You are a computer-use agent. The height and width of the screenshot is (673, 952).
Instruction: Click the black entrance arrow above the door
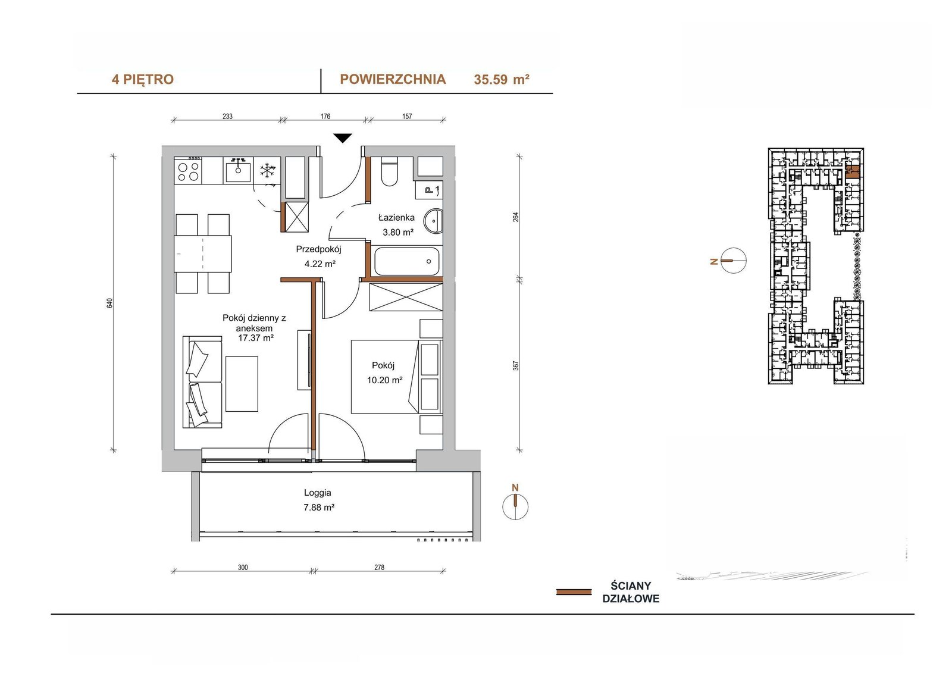click(x=342, y=137)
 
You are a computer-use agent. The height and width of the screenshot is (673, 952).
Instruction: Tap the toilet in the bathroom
click(x=389, y=171)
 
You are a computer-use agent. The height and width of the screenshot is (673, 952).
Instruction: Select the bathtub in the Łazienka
click(x=406, y=261)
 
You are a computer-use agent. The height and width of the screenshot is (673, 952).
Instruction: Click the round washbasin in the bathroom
click(x=435, y=221)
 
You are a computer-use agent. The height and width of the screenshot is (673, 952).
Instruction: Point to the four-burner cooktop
click(x=188, y=171)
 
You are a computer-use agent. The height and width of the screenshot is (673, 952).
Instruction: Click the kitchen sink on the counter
click(x=238, y=170)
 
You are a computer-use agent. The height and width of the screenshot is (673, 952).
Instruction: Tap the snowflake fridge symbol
click(x=267, y=171)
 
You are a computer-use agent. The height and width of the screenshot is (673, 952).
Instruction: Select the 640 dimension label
click(x=110, y=303)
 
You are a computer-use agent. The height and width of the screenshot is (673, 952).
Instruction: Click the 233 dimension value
click(x=227, y=116)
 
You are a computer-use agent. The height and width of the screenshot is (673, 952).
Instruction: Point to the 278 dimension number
click(x=379, y=567)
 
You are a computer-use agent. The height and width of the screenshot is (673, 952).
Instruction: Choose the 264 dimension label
click(x=516, y=217)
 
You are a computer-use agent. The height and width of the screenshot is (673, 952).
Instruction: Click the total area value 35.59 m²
click(x=502, y=80)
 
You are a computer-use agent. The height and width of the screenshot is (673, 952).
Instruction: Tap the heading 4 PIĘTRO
click(x=143, y=80)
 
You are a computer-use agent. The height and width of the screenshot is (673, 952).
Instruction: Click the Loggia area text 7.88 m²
click(x=319, y=507)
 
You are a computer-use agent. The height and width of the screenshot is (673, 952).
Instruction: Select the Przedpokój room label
click(x=319, y=249)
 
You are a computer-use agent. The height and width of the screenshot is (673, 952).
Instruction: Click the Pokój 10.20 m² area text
click(x=384, y=380)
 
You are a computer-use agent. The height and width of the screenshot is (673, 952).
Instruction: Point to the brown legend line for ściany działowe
click(x=574, y=592)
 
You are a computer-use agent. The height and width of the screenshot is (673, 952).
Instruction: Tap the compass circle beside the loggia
click(x=515, y=506)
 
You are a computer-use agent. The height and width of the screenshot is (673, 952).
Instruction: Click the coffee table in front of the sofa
click(x=242, y=384)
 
